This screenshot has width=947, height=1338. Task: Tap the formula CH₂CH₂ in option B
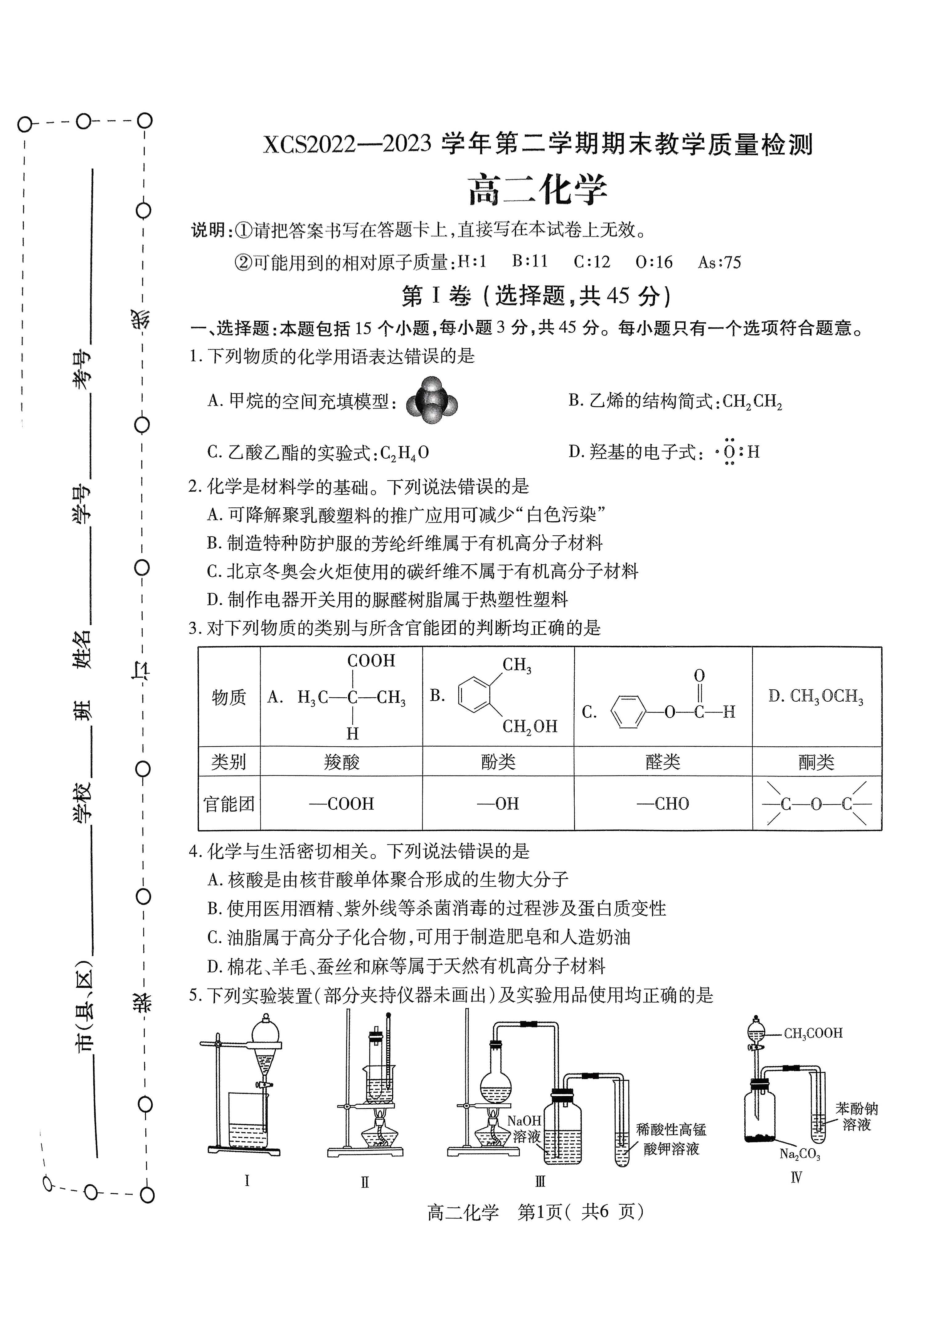(752, 402)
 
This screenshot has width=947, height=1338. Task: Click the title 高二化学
(538, 189)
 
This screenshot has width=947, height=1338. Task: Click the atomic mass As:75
(720, 262)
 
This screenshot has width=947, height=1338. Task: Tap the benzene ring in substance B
(474, 694)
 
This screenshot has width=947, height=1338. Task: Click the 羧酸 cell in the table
(342, 761)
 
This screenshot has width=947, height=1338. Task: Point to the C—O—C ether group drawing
(816, 804)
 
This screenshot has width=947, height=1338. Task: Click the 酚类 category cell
(499, 761)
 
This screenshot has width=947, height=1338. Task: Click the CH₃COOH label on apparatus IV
(813, 1034)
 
